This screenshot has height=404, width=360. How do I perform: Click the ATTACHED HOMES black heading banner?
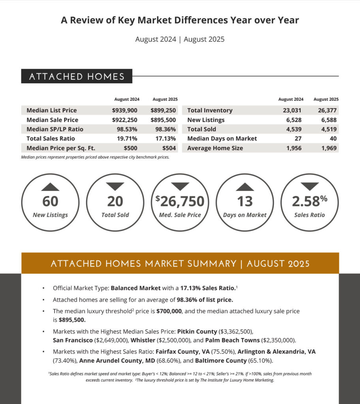click(x=77, y=77)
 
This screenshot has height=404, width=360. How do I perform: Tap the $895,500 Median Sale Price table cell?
click(x=163, y=120)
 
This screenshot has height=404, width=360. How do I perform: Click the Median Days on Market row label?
click(x=222, y=139)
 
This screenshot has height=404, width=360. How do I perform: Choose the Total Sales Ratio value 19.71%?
click(x=126, y=139)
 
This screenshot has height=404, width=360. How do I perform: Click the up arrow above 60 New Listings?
click(x=50, y=187)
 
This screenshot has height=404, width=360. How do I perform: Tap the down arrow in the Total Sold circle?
click(x=115, y=187)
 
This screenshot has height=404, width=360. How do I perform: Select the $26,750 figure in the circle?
click(x=180, y=201)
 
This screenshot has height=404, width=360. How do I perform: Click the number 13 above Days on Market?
click(x=245, y=202)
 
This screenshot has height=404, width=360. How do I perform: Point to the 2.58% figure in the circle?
click(x=309, y=201)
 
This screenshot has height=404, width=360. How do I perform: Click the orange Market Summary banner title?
click(x=180, y=263)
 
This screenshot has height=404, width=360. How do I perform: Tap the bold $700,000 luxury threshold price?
click(x=169, y=311)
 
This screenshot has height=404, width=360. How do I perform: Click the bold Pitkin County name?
click(x=197, y=331)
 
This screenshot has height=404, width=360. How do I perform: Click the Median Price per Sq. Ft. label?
click(x=61, y=148)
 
